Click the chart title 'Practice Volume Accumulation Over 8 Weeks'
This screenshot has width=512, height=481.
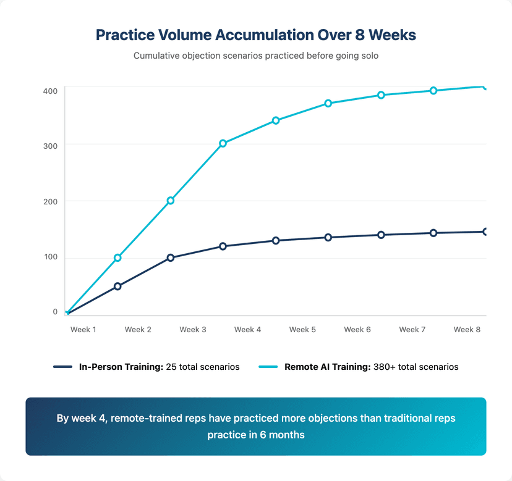tap(255, 35)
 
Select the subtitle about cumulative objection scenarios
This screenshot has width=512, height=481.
tap(255, 56)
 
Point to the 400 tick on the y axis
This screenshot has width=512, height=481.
tap(51, 91)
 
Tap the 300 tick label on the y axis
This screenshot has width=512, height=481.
tap(51, 146)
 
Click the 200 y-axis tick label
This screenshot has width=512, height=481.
tap(51, 201)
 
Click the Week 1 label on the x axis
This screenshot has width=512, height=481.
tap(83, 330)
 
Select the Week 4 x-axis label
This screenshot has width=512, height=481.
tap(247, 330)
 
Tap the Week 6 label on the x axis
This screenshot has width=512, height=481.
tap(357, 330)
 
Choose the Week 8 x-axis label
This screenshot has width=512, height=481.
tap(467, 330)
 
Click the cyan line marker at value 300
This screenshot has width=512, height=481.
tap(223, 143)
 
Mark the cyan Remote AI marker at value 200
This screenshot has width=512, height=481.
tap(170, 201)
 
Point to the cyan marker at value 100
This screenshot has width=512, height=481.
tap(117, 257)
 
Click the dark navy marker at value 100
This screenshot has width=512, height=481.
tap(170, 257)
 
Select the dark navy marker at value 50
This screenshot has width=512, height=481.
tap(117, 287)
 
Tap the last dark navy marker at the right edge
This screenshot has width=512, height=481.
tap(485, 232)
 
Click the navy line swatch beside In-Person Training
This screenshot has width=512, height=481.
tap(63, 367)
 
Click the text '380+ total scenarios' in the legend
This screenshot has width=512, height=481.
tap(416, 367)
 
